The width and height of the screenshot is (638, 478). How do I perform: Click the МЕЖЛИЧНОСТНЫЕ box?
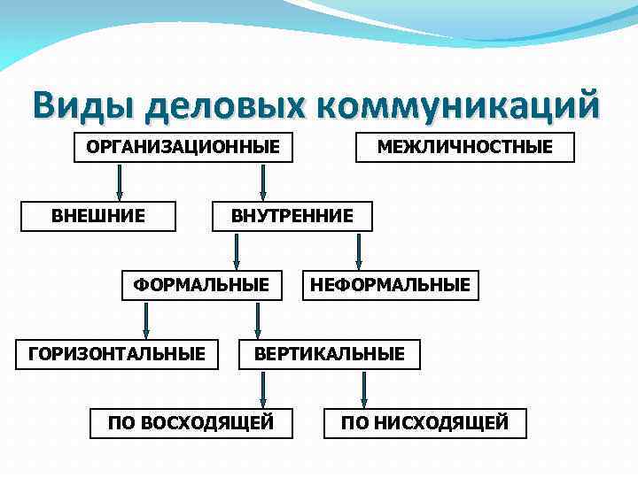tap(464, 147)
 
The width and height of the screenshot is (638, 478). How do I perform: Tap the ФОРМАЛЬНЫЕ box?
tap(201, 284)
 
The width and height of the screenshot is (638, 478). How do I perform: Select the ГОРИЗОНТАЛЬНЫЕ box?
tap(117, 354)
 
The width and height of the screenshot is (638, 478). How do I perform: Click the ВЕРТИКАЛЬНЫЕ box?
tap(330, 354)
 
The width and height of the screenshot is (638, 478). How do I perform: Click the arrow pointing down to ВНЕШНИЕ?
tap(119, 181)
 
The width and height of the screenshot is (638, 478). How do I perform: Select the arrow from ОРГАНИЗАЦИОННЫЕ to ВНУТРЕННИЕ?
tap(262, 181)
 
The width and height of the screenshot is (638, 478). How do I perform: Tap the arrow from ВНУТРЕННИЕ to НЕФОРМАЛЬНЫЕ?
tap(358, 251)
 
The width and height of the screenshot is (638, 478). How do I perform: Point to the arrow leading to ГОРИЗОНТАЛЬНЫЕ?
tap(147, 320)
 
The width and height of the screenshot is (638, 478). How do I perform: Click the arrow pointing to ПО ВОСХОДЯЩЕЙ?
tap(262, 389)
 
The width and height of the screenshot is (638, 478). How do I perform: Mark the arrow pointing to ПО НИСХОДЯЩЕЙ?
tap(365, 389)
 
